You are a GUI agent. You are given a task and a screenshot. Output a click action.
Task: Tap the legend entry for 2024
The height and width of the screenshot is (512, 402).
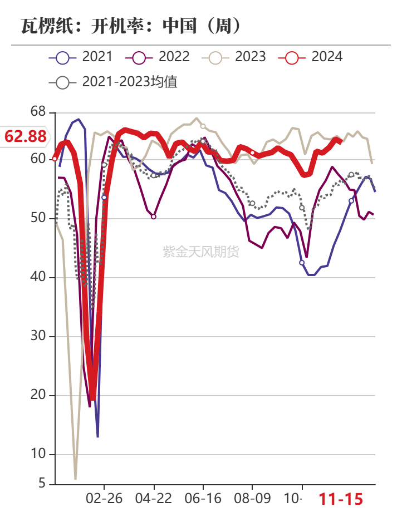click(x=311, y=56)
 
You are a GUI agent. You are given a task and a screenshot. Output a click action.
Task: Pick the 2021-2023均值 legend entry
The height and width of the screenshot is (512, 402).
click(x=114, y=82)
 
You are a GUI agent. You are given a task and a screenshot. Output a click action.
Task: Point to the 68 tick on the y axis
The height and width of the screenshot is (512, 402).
click(x=38, y=112)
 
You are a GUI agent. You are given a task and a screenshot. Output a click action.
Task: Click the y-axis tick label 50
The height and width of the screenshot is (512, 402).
click(x=38, y=218)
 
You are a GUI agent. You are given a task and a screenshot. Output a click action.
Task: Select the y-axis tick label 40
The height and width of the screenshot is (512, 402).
click(x=38, y=277)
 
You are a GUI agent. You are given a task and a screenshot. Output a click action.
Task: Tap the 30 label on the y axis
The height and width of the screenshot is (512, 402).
click(x=38, y=336)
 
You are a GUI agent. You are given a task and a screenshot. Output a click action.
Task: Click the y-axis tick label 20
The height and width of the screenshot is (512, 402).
click(x=38, y=395)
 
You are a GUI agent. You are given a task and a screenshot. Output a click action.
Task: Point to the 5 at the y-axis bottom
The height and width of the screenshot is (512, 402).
click(x=42, y=484)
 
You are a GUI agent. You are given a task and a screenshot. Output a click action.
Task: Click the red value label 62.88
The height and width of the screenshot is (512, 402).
click(x=26, y=136)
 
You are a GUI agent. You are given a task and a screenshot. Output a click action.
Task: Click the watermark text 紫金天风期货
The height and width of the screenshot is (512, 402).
click(x=201, y=252)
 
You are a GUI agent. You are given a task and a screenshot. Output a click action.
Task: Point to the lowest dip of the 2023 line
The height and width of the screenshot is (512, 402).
click(x=75, y=478)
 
